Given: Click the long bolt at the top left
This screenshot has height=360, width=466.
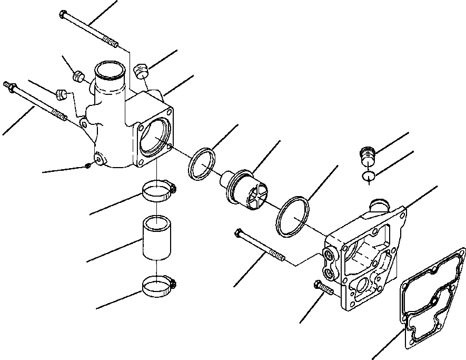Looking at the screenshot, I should [90, 28].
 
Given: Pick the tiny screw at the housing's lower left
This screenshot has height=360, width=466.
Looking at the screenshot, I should [88, 166].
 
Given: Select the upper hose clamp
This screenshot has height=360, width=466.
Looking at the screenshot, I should [157, 190].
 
